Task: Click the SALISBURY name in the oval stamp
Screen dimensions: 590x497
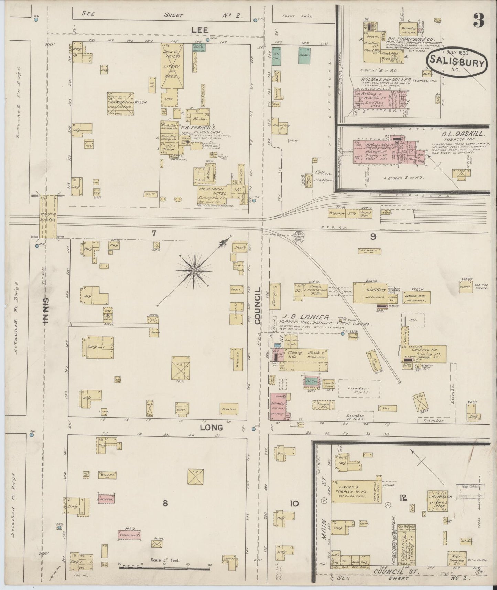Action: click(458, 63)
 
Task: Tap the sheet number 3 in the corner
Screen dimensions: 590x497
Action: click(479, 21)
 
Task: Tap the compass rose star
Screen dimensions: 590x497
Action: click(195, 271)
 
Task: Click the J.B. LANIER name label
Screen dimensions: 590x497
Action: click(306, 317)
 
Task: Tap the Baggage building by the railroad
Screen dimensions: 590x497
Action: click(337, 214)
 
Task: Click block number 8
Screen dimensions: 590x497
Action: click(165, 503)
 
